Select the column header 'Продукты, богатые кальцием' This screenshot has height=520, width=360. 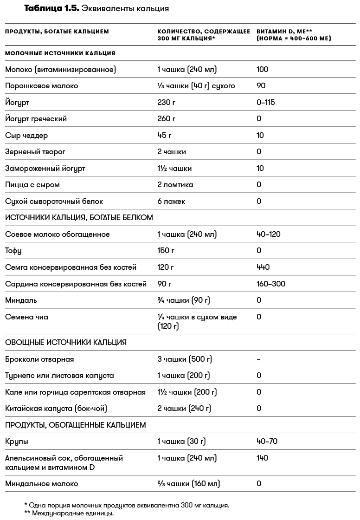(x=57, y=32)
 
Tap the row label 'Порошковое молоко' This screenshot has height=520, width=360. (x=41, y=86)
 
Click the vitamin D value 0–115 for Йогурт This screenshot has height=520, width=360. (x=265, y=102)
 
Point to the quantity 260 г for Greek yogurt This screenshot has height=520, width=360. (x=167, y=119)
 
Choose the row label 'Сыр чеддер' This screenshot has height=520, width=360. (x=26, y=136)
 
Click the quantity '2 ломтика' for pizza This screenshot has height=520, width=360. (x=175, y=185)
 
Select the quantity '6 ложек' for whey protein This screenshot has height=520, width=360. (x=171, y=201)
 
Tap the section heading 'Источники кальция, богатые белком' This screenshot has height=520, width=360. (x=79, y=217)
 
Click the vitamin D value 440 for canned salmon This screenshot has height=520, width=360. (x=263, y=267)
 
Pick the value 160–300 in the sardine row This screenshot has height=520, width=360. (x=270, y=284)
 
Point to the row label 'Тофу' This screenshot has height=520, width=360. (x=13, y=251)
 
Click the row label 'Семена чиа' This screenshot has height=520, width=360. (x=26, y=317)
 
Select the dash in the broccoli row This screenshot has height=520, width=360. (x=258, y=359)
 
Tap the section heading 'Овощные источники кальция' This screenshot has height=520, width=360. (x=66, y=343)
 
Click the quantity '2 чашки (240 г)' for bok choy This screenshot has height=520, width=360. (x=184, y=409)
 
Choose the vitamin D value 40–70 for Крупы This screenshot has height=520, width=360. (x=267, y=442)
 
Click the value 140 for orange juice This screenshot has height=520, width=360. (x=262, y=458)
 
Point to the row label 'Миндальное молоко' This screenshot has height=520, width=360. (x=41, y=484)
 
